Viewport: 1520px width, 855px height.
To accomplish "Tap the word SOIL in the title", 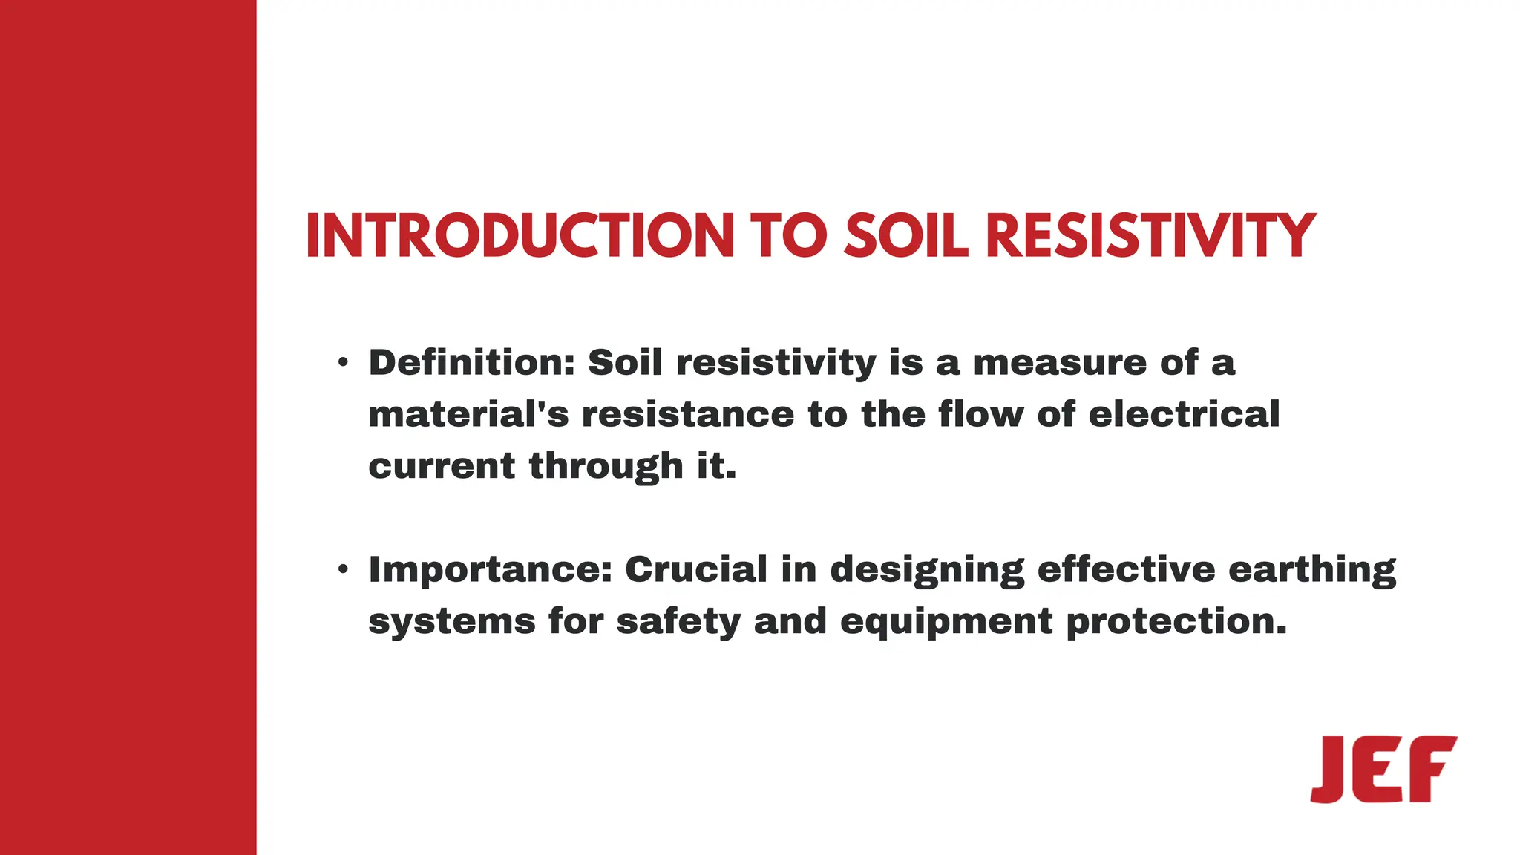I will [x=906, y=236].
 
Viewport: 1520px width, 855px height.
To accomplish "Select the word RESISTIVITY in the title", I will [x=1150, y=236].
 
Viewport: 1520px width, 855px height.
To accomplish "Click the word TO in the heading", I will [x=788, y=236].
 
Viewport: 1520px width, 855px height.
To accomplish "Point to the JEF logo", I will [x=1383, y=769].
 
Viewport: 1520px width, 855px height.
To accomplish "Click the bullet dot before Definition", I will [x=342, y=363].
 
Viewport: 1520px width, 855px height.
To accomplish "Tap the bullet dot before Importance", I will [x=342, y=569].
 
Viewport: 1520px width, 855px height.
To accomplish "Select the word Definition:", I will [x=472, y=363].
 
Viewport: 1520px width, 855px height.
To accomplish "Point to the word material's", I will [x=468, y=414].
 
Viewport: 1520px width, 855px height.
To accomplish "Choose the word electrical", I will [x=1184, y=414].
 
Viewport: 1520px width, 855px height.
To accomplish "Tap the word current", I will [x=442, y=466].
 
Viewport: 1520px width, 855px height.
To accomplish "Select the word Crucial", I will [x=696, y=569].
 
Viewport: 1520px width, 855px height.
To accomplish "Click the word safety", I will [x=678, y=622].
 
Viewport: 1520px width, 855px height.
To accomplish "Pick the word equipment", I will [x=946, y=622].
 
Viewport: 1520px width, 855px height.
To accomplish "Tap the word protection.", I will [x=1176, y=622].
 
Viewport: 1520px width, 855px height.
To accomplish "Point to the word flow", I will [x=981, y=414].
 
